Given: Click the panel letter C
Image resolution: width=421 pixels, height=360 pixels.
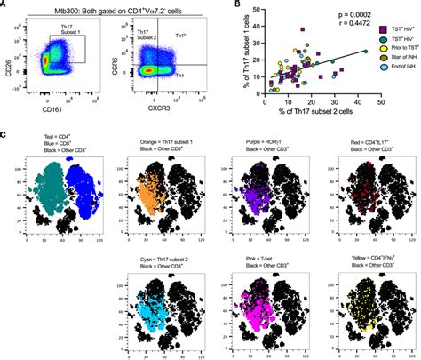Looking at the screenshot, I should coord(6,136).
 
